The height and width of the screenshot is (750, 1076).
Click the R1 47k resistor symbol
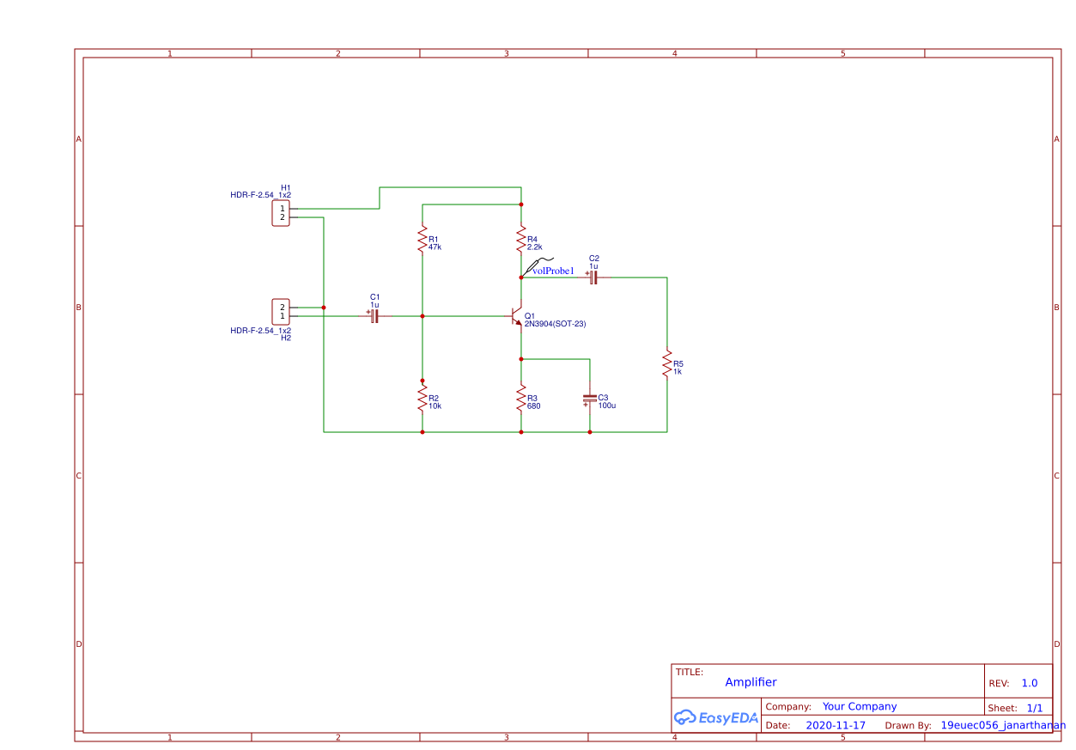click(422, 240)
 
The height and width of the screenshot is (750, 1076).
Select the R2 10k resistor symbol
click(422, 398)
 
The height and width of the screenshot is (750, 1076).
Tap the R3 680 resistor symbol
click(520, 398)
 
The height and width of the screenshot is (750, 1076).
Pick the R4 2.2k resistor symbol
click(520, 240)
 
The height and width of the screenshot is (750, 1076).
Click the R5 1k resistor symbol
click(666, 363)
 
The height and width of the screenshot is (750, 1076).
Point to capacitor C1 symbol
click(374, 316)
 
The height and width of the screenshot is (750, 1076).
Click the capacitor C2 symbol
click(593, 277)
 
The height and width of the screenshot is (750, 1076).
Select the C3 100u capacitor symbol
click(589, 399)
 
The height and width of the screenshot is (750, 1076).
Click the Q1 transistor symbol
click(516, 316)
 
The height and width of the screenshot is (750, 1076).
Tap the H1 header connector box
click(281, 213)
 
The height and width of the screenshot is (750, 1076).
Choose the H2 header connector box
click(281, 311)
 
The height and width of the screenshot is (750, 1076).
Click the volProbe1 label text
click(553, 271)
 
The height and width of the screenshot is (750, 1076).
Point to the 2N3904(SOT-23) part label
click(555, 324)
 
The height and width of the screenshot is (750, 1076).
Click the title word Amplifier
click(751, 682)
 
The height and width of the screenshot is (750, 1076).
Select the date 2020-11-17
click(836, 725)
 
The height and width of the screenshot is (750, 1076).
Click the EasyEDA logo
click(716, 717)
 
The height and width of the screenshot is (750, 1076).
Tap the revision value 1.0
click(1029, 683)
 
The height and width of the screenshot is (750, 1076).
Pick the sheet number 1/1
click(1034, 708)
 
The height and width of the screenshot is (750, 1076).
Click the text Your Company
click(860, 706)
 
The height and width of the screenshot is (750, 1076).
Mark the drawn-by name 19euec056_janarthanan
click(1003, 725)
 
